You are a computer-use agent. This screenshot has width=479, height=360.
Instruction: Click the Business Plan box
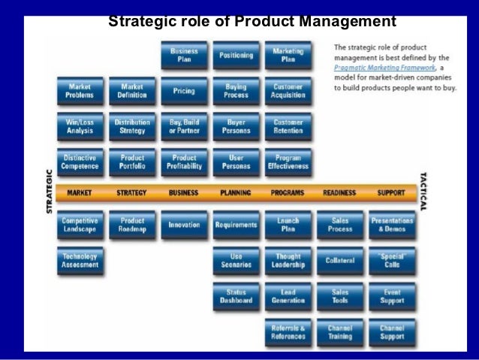[x=184, y=55]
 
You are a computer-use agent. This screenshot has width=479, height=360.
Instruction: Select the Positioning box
[x=236, y=55]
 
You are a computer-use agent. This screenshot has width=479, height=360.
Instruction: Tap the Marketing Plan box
[x=288, y=55]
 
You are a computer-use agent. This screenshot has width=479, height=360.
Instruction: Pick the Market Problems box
[x=80, y=91]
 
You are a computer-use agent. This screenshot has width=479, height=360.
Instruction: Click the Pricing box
[x=184, y=91]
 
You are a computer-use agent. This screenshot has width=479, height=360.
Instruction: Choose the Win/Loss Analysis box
[x=80, y=126]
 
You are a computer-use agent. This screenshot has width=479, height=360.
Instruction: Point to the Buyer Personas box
[x=236, y=126]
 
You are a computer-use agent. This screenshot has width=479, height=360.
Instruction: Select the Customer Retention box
[x=288, y=126]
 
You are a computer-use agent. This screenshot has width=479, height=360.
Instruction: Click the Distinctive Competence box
[x=80, y=162]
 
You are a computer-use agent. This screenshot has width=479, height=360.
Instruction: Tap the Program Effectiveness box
[x=288, y=162]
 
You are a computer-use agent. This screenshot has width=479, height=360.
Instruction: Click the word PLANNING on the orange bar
[x=235, y=193]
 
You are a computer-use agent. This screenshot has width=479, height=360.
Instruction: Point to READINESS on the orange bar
[x=339, y=193]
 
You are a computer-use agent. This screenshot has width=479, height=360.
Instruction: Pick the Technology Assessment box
[x=80, y=260]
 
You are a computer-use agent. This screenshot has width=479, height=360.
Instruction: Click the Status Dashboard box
[x=236, y=295]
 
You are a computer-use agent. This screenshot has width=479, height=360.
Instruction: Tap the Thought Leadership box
[x=288, y=260]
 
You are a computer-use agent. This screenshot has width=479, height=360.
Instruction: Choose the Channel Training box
[x=340, y=331]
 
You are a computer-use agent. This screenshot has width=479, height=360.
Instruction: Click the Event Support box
[x=392, y=295]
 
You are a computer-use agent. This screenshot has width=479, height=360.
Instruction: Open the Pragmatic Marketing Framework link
[x=377, y=66]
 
